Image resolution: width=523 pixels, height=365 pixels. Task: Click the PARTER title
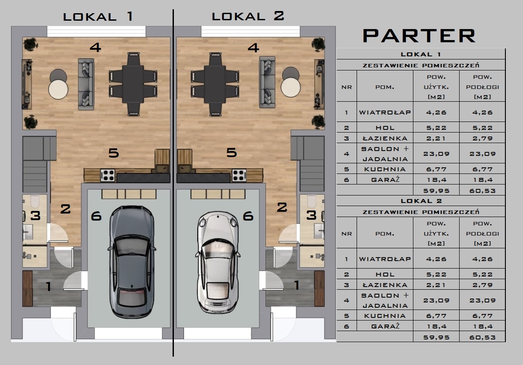pyautogui.click(x=419, y=36)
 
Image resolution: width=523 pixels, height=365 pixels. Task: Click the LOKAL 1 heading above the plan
pyautogui.click(x=98, y=16)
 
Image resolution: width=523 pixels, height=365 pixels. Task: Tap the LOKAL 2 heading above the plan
pyautogui.click(x=248, y=16)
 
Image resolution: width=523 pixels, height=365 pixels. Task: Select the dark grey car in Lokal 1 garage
pyautogui.click(x=132, y=262)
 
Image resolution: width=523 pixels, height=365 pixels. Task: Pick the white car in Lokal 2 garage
pyautogui.click(x=217, y=262)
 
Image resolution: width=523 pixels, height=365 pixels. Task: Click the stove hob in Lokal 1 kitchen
pyautogui.click(x=107, y=175)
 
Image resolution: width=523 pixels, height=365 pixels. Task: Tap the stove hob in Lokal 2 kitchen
pyautogui.click(x=239, y=175)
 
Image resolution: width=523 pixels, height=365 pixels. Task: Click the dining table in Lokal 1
pyautogui.click(x=133, y=84)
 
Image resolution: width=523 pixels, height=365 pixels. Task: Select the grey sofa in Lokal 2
pyautogui.click(x=267, y=82)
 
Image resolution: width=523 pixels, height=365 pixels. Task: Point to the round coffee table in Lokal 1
pyautogui.click(x=59, y=89)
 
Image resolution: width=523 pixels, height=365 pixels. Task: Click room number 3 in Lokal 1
pyautogui.click(x=35, y=216)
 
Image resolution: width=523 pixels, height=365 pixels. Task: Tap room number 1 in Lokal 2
pyautogui.click(x=297, y=285)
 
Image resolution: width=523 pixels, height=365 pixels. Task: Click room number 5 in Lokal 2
pyautogui.click(x=232, y=152)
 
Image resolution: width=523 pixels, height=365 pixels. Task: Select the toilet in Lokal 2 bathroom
pyautogui.click(x=312, y=201)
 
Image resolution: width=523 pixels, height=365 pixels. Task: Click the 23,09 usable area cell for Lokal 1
pyautogui.click(x=436, y=154)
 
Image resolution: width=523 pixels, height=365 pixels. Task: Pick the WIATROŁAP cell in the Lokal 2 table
pyautogui.click(x=385, y=259)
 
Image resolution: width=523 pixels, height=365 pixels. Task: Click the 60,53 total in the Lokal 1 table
pyautogui.click(x=482, y=191)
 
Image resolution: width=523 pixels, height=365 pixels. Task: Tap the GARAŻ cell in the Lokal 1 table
pyautogui.click(x=385, y=180)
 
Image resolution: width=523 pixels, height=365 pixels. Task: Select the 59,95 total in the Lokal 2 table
pyautogui.click(x=436, y=337)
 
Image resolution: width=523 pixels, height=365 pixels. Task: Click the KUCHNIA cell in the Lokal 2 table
pyautogui.click(x=385, y=316)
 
